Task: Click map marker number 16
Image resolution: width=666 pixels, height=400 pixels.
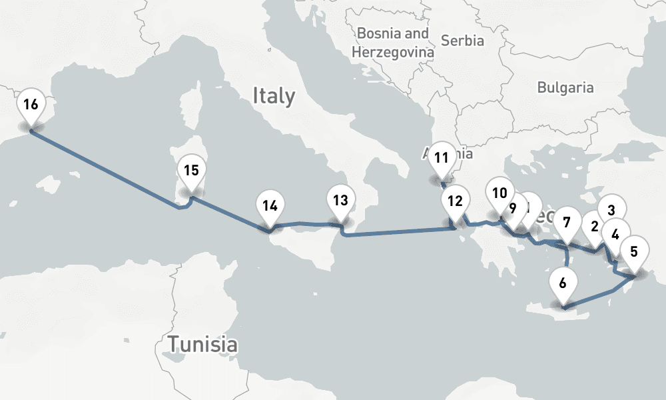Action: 31,105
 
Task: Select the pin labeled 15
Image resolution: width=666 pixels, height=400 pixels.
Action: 191,171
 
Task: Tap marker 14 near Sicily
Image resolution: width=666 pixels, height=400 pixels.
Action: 269,206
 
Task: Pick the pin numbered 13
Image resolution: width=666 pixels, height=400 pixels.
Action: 340,200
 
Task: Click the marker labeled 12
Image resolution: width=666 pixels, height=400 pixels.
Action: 456,201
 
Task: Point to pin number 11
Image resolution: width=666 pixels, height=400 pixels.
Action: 440,159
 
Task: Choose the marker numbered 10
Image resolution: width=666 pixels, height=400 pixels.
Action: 499,194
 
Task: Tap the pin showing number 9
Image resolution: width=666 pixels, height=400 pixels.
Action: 512,208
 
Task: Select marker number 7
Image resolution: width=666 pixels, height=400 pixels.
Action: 567,221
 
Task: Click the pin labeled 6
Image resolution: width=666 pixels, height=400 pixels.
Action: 563,283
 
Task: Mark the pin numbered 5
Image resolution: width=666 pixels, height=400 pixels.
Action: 633,252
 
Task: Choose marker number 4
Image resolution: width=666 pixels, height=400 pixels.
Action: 615,234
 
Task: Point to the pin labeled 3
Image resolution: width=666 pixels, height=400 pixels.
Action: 611,209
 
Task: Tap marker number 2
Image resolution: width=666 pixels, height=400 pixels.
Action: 593,227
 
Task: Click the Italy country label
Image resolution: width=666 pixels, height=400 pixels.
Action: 273,96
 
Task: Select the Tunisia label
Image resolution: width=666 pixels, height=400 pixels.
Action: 202,345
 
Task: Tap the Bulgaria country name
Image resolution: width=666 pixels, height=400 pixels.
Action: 565,87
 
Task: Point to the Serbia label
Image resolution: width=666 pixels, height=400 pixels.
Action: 462,41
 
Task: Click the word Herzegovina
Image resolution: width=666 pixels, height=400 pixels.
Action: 393,51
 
